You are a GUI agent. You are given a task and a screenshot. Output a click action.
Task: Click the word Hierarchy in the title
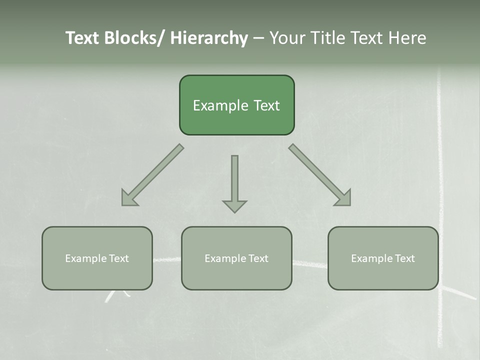coord(209,38)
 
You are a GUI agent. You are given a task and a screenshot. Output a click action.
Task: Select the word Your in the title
coord(288,38)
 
